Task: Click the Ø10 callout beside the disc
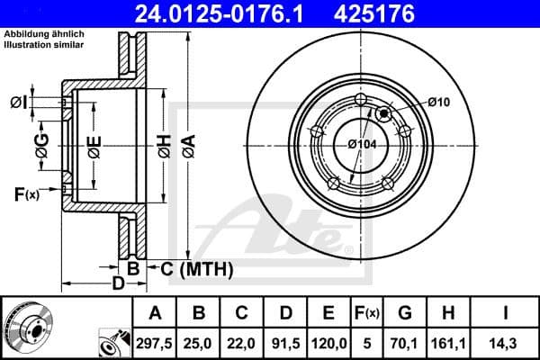[x=438, y=103]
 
